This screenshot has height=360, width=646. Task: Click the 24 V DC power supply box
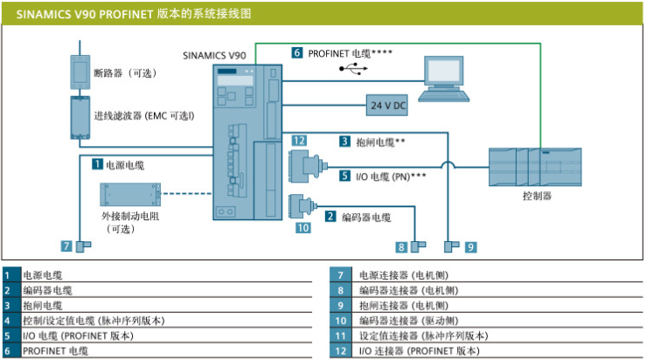(387, 105)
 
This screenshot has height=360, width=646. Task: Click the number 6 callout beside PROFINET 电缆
(297, 52)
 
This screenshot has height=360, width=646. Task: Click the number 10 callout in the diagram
(302, 228)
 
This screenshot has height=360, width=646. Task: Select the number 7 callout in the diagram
(67, 246)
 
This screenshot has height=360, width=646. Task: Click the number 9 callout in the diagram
(470, 246)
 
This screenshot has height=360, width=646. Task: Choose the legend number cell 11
(341, 336)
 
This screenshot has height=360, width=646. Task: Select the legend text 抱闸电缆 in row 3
(42, 306)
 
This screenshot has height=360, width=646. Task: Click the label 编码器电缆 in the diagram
(365, 217)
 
